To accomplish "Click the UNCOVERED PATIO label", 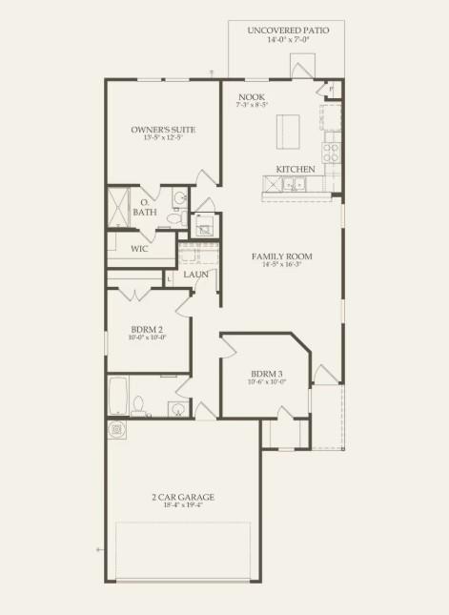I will pyautogui.click(x=288, y=31).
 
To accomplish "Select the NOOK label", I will pyautogui.click(x=252, y=96).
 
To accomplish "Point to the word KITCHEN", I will pyautogui.click(x=296, y=170).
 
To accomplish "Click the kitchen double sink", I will pyautogui.click(x=295, y=187).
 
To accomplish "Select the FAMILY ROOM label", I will pyautogui.click(x=282, y=256).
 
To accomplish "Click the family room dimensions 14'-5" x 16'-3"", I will pyautogui.click(x=282, y=267).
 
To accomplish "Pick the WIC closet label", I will pyautogui.click(x=139, y=249).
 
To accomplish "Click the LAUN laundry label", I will pyautogui.click(x=196, y=275).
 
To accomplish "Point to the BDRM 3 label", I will pyautogui.click(x=267, y=374).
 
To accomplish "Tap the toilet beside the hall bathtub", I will pyautogui.click(x=138, y=407).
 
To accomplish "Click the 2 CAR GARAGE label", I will pyautogui.click(x=182, y=497).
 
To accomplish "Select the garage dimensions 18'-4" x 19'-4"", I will pyautogui.click(x=182, y=506).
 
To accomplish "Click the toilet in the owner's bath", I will pyautogui.click(x=174, y=218).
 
